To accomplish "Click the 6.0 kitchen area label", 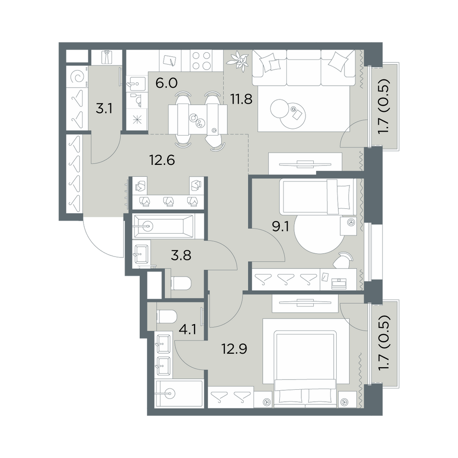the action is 166,83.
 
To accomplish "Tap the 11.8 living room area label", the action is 241,99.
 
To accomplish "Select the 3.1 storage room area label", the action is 104,109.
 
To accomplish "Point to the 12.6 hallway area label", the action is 162,160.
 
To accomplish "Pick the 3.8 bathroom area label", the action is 181,256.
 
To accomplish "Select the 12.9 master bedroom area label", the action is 234,349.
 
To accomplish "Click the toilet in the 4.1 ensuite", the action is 167,316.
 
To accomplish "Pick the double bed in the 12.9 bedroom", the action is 305,369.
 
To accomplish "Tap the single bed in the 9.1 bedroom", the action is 318,196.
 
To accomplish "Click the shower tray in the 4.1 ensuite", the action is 179,394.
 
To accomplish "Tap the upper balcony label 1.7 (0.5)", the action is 385,107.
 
